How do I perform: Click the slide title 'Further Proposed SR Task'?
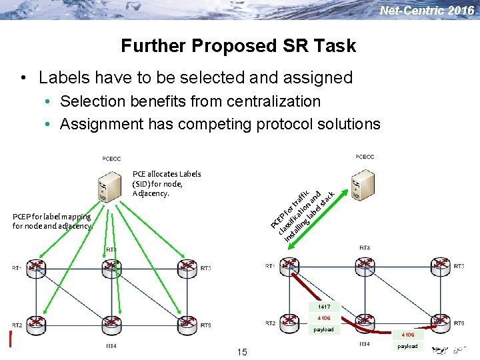click(238, 46)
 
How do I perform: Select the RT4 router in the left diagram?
click(111, 325)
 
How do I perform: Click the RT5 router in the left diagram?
click(187, 325)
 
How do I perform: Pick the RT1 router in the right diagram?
click(290, 266)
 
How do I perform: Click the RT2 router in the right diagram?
click(290, 323)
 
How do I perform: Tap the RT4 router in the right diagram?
click(365, 323)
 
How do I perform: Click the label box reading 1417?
click(323, 307)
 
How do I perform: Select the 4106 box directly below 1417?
click(323, 318)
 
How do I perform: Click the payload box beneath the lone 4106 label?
click(407, 346)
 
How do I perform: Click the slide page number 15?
click(241, 352)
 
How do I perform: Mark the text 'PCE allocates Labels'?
click(167, 174)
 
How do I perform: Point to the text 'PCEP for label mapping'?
click(51, 217)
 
